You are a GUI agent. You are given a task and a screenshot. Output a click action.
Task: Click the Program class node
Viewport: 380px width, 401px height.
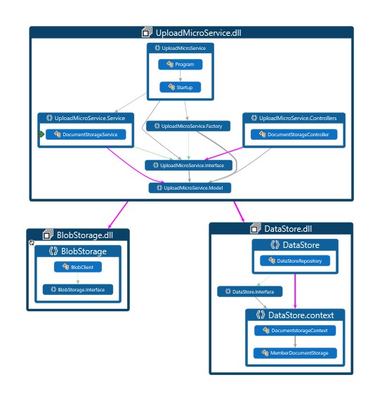(181, 65)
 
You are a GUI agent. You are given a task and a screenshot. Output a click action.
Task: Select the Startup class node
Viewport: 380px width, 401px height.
(181, 88)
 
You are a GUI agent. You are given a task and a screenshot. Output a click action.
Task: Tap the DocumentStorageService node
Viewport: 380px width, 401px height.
(86, 134)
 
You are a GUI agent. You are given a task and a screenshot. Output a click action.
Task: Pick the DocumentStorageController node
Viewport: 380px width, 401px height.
(294, 134)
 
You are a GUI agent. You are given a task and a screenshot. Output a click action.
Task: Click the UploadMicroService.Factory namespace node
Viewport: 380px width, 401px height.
(188, 126)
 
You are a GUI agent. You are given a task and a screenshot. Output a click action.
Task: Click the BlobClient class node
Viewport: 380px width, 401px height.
(78, 267)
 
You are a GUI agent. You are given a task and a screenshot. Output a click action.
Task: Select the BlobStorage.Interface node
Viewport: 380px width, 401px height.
(78, 289)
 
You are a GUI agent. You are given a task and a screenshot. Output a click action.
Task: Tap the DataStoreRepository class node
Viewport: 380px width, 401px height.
(295, 261)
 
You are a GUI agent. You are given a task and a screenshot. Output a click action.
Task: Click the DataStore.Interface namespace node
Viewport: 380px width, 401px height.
(249, 291)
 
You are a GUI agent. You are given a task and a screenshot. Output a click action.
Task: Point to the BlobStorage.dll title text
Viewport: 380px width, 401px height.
(84, 235)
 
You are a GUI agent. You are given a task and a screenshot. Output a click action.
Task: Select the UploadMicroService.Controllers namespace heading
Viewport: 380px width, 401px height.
(298, 118)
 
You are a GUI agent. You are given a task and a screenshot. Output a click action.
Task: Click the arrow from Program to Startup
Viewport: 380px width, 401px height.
(181, 76)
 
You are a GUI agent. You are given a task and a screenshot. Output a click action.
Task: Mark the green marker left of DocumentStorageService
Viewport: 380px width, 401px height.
(41, 134)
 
